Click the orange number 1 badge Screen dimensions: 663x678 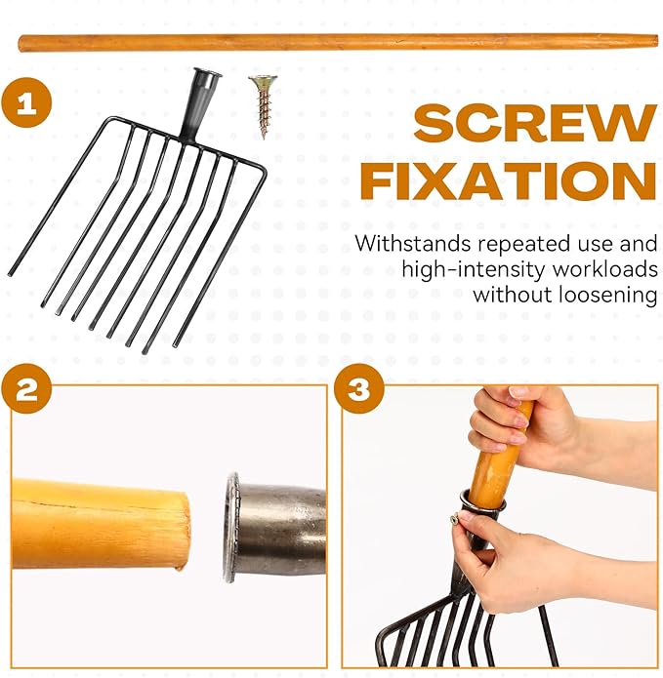(26, 102)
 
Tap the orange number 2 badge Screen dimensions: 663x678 (26, 389)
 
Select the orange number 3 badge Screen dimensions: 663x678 (358, 389)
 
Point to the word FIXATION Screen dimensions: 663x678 (509, 181)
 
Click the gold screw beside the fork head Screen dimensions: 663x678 (263, 106)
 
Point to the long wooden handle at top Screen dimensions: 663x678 (338, 44)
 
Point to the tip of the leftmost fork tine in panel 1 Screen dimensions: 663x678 (10, 273)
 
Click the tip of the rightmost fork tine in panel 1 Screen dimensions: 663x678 (176, 345)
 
